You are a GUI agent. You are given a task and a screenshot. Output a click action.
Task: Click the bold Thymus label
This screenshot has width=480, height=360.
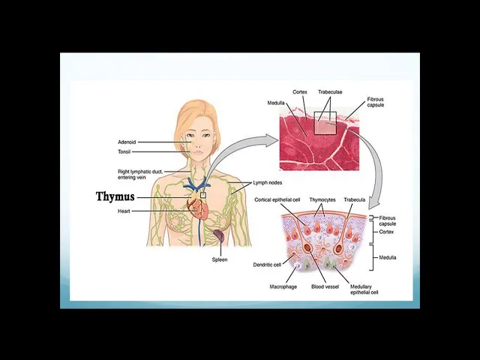tap(115, 196)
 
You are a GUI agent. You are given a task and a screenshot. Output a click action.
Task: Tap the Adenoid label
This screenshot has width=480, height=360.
tap(127, 142)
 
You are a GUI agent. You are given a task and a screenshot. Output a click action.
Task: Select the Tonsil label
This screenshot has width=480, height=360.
tap(124, 151)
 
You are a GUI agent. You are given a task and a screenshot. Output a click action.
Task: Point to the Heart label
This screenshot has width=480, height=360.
tap(124, 211)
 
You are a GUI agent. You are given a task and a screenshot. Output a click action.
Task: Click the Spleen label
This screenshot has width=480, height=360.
tap(220, 259)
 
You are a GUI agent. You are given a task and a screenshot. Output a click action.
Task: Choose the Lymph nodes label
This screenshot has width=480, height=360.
tap(268, 182)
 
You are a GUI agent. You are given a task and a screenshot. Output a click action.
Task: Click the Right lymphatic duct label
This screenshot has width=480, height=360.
tap(140, 174)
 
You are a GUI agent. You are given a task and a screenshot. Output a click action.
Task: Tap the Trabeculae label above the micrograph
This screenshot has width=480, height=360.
tap(330, 92)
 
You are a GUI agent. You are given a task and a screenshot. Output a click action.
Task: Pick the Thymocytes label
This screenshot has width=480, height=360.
tap(322, 200)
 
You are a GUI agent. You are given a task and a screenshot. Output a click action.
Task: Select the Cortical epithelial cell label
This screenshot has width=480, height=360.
tap(277, 200)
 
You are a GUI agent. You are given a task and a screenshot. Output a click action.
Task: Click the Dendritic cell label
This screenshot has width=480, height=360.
tap(267, 264)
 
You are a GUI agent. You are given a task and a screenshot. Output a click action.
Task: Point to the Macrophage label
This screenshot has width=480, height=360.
tap(283, 286)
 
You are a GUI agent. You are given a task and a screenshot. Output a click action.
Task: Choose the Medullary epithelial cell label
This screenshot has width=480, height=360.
tap(364, 289)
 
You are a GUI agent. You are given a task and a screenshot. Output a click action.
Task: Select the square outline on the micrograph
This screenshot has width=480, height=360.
tap(325, 122)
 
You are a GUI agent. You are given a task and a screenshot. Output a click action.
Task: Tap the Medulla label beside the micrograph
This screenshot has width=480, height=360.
tap(275, 103)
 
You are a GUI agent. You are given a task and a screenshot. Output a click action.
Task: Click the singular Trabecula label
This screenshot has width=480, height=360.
tap(355, 200)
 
